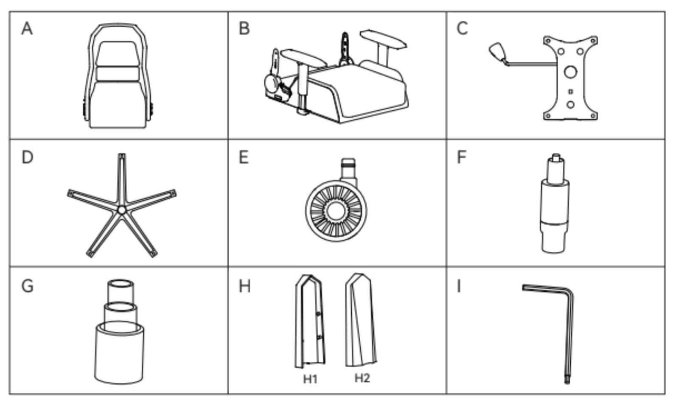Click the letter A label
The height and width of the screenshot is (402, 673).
pos(27,29)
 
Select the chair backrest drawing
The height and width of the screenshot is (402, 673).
pos(118,76)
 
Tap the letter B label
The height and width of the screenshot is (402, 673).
pos(244,29)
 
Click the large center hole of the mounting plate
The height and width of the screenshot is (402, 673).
pos(570,72)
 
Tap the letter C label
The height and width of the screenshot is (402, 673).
pos(462,29)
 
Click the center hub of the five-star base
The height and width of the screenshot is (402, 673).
pos(122,210)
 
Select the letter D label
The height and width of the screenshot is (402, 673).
pos(27,157)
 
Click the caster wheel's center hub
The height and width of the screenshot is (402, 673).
pos(335,211)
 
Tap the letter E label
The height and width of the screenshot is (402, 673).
pos(244,157)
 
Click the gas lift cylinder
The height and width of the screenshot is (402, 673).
pos(554,206)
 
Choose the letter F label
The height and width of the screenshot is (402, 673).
pos(461,157)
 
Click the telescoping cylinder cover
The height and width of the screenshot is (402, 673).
pos(120,335)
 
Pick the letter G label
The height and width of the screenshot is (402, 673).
pos(27,286)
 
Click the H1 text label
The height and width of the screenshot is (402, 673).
pos(310,379)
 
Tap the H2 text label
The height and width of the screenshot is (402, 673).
pos(362,378)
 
